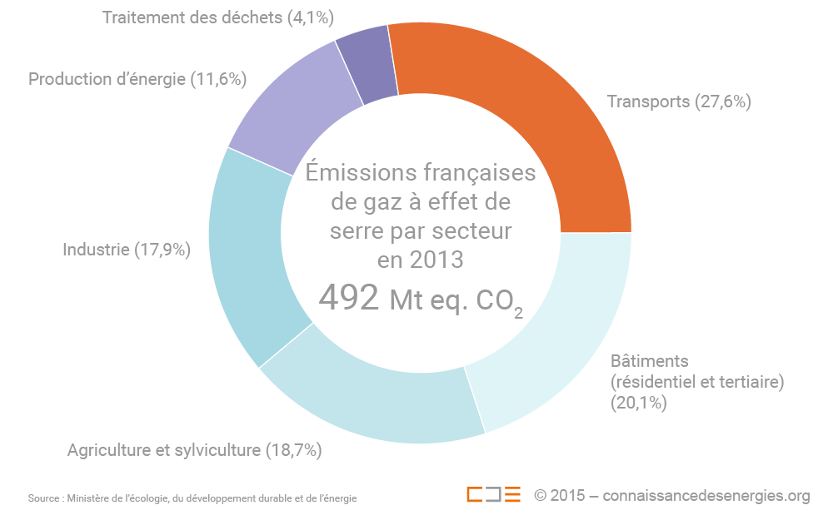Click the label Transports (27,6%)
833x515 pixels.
point(679,102)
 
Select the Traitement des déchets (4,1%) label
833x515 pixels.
point(193,17)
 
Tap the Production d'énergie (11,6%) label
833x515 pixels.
point(138,79)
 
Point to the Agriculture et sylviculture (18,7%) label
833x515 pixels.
point(194,450)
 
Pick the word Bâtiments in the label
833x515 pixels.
point(650,362)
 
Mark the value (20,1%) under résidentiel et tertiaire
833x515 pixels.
point(639,403)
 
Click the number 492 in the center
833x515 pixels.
point(349,299)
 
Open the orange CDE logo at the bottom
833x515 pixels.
point(493,494)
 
